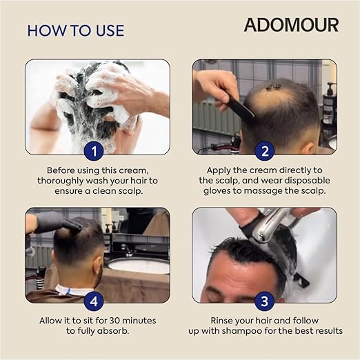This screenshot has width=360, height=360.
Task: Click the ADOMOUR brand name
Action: coord(291,25)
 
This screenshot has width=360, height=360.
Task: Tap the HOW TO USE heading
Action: coord(76,30)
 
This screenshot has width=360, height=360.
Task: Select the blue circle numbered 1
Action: coord(94,151)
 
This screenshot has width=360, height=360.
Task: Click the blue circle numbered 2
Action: coord(265,151)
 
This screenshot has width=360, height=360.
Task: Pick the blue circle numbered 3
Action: coord(265,301)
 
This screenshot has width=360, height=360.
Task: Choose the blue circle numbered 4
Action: coord(94,301)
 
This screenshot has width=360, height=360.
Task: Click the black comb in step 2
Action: coord(239,106)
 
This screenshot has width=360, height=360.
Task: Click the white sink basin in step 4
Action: coord(139,266)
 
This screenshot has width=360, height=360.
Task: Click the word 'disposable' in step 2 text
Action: coord(308,181)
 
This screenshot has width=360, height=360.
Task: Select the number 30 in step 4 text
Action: coord(115,321)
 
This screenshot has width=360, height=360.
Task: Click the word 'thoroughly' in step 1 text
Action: coord(61,181)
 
